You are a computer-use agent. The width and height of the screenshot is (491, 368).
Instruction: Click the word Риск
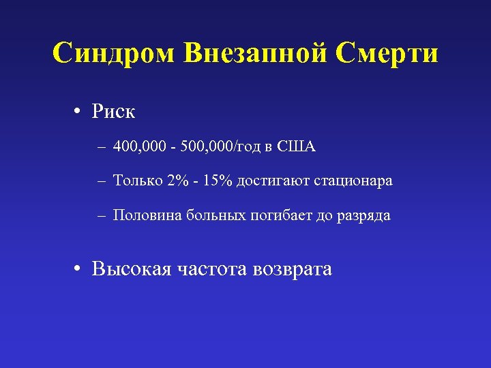[x=114, y=111]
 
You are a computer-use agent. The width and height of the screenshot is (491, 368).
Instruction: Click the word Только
[x=138, y=181]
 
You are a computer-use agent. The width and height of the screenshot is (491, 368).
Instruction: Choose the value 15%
[x=218, y=181]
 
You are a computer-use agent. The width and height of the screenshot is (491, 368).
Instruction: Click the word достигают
[x=272, y=181]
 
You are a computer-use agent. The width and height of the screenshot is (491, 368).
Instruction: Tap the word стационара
[x=353, y=181]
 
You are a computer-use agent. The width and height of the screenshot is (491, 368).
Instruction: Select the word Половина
[x=145, y=215]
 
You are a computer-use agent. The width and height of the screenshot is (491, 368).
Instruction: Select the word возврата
[x=292, y=269]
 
